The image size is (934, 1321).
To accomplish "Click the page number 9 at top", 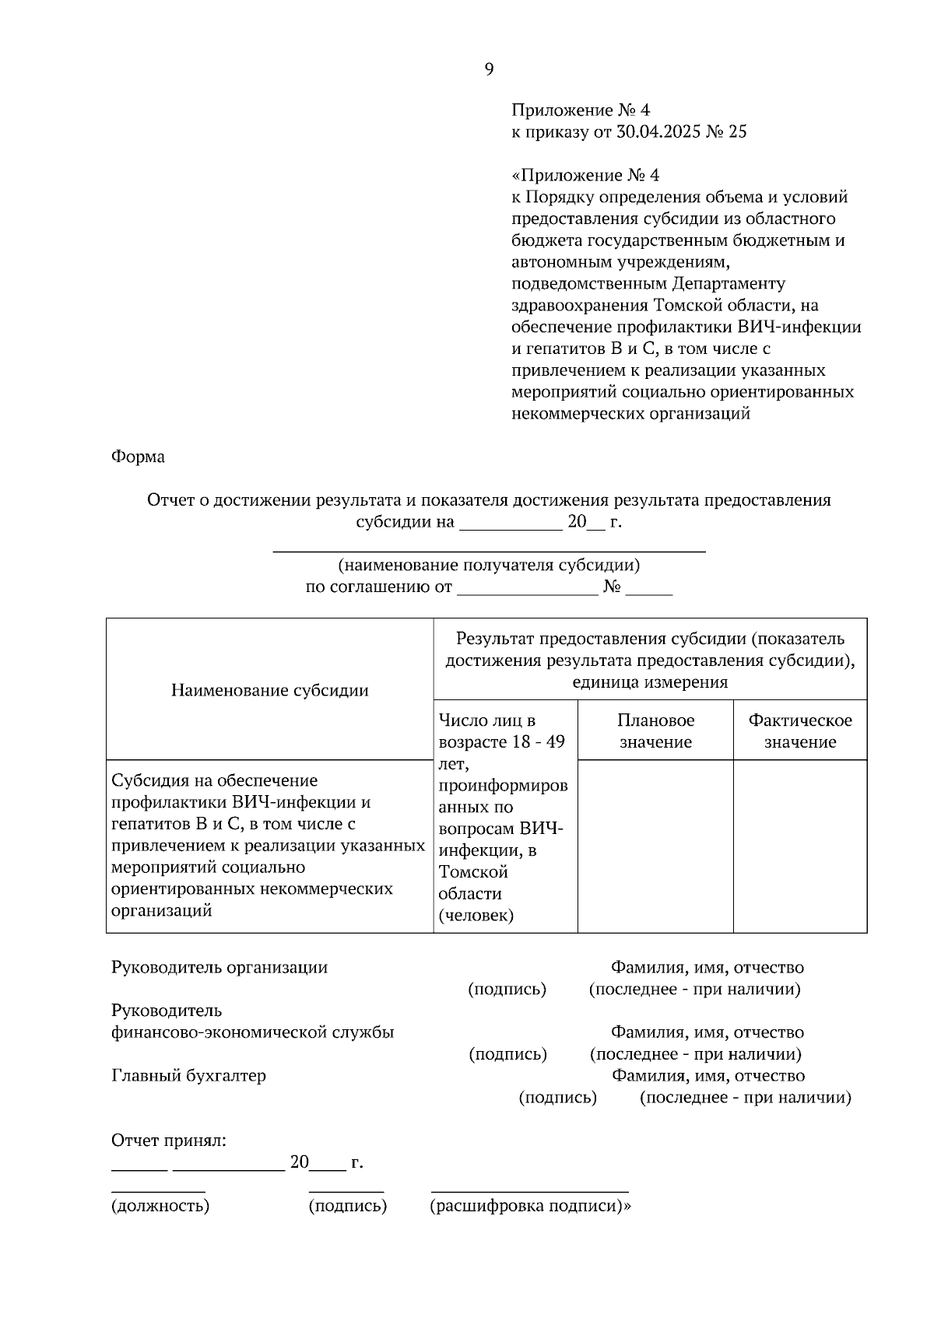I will pyautogui.click(x=489, y=70).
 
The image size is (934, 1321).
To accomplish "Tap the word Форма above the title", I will pyautogui.click(x=138, y=457).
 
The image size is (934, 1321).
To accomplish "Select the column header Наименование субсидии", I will pyautogui.click(x=269, y=690).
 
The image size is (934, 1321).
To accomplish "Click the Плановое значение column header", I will pyautogui.click(x=655, y=731).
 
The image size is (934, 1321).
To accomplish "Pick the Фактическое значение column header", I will pyautogui.click(x=799, y=731).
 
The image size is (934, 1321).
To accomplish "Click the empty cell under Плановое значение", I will pyautogui.click(x=655, y=846).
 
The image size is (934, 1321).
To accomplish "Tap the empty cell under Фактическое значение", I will pyautogui.click(x=799, y=846).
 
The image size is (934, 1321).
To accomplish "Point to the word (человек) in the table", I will pyautogui.click(x=476, y=916).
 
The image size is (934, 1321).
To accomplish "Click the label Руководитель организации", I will pyautogui.click(x=219, y=968).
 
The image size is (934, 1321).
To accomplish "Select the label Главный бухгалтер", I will pyautogui.click(x=188, y=1076).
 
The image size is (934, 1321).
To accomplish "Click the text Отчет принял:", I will pyautogui.click(x=169, y=1141).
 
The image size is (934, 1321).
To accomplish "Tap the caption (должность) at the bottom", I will pyautogui.click(x=160, y=1207).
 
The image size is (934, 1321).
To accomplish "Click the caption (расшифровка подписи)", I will pyautogui.click(x=528, y=1207).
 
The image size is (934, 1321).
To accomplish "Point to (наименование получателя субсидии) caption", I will pyautogui.click(x=489, y=566).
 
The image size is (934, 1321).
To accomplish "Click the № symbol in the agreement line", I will pyautogui.click(x=612, y=587).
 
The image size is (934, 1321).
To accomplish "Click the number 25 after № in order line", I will pyautogui.click(x=737, y=132).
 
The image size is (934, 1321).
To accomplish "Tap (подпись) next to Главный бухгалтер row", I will pyautogui.click(x=557, y=1098).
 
